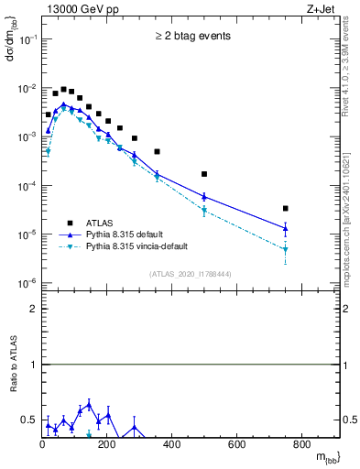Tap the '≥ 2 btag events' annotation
point(191,37)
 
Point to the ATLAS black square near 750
point(286,209)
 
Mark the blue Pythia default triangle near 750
point(286,228)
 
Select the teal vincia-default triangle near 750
point(286,249)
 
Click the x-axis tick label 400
point(172,445)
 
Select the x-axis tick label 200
point(107,445)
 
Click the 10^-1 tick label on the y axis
point(27,39)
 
